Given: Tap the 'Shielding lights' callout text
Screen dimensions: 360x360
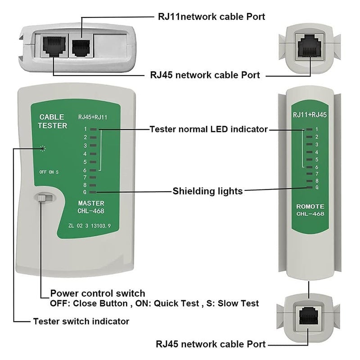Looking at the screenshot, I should click(x=207, y=191).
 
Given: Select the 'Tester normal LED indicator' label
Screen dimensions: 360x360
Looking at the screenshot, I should click(x=208, y=130).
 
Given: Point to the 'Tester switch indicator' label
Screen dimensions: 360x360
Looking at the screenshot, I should click(x=81, y=321).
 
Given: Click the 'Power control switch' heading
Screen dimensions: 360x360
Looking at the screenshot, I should click(x=98, y=293).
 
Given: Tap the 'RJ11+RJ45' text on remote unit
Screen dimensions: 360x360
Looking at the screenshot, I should click(x=310, y=115).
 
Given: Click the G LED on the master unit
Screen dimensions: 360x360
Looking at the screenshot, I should click(x=93, y=192).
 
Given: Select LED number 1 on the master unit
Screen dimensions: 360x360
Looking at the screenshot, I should click(x=93, y=129).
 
